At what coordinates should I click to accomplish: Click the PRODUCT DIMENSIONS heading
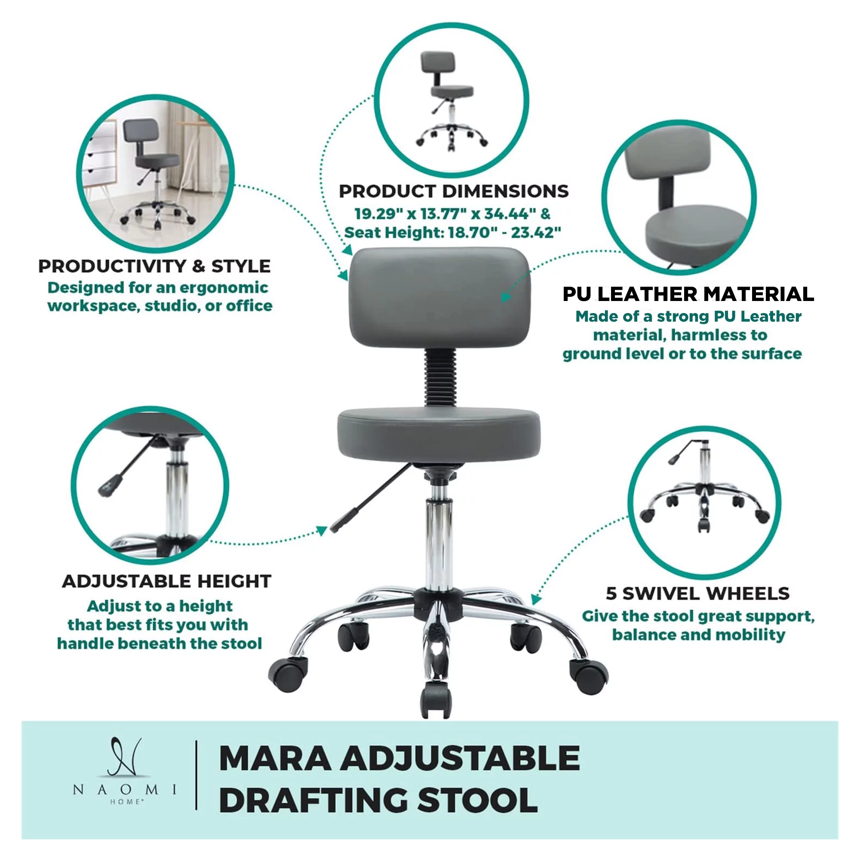point(453,191)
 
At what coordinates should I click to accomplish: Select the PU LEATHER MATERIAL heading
point(688,294)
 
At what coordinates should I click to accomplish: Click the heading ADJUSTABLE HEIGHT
point(166,581)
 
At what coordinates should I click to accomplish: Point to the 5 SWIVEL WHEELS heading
point(697,593)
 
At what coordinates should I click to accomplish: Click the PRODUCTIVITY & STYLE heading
point(154,266)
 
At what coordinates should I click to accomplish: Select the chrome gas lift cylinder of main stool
point(438,543)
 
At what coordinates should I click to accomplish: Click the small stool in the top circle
point(451,100)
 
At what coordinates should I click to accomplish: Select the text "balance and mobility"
point(698,634)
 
